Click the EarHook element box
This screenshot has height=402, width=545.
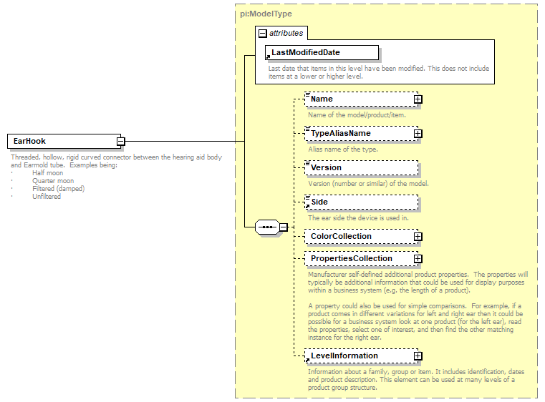click(x=62, y=141)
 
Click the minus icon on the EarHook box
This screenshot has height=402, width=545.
click(x=121, y=142)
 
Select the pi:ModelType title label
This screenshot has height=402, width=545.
click(x=266, y=14)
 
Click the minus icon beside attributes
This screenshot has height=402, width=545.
click(x=263, y=33)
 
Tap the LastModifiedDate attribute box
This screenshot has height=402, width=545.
click(x=322, y=52)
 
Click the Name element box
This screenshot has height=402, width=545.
click(x=358, y=99)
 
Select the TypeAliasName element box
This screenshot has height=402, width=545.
click(x=358, y=133)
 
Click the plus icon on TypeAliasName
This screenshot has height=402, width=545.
click(x=418, y=134)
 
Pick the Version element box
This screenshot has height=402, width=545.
click(x=361, y=167)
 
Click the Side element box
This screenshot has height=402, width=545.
click(x=361, y=202)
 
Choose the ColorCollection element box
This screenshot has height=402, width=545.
click(x=358, y=236)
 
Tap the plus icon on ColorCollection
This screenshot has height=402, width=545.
click(x=418, y=237)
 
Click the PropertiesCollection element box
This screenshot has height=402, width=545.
click(x=358, y=258)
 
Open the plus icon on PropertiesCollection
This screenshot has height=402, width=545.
click(x=418, y=259)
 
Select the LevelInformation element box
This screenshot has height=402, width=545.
click(x=358, y=356)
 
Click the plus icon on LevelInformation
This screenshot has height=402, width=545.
click(x=418, y=356)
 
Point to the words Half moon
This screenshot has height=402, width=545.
click(x=47, y=173)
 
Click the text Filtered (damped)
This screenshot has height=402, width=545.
click(x=58, y=189)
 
